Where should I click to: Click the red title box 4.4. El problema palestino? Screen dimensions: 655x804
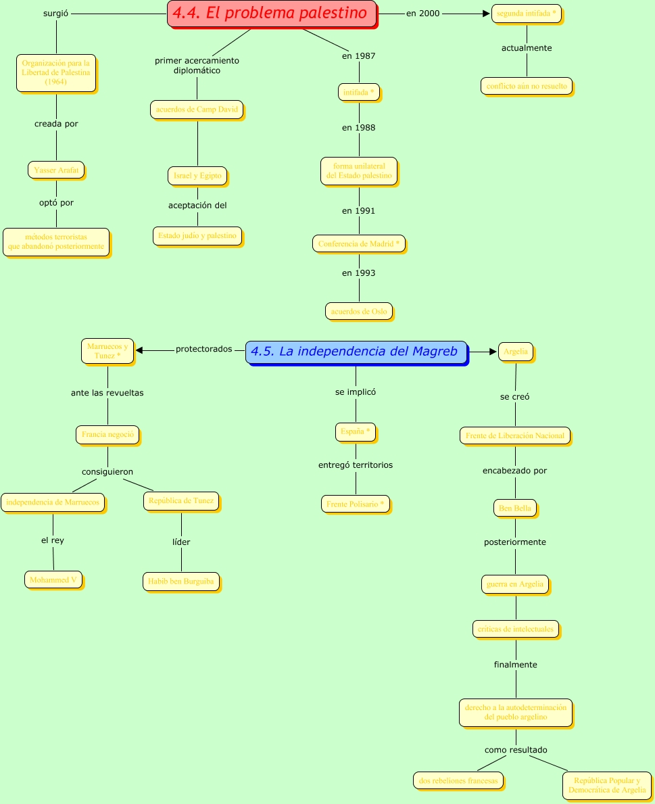[x=272, y=14]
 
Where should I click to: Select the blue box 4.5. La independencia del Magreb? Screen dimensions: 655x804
[x=356, y=352]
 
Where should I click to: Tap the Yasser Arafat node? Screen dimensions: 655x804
[x=56, y=170]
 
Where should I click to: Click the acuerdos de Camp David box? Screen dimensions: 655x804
[x=197, y=110]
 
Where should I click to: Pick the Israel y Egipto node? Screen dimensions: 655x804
[x=197, y=176]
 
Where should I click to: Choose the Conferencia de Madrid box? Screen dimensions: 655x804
[x=359, y=244]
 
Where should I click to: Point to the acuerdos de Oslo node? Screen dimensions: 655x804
[x=358, y=311]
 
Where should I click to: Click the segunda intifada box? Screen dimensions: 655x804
[x=527, y=14]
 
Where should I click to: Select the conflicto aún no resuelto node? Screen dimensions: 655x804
[x=527, y=86]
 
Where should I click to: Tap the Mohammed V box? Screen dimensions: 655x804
[x=53, y=580]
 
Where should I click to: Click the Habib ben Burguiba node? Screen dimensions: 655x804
[x=181, y=582]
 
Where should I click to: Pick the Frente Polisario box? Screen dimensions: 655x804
[x=356, y=504]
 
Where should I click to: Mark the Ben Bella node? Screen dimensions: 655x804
[x=515, y=508]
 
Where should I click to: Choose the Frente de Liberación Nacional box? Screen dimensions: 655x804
[x=515, y=435]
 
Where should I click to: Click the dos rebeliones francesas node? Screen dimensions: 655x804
[x=458, y=780]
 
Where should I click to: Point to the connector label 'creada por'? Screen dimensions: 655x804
[x=56, y=124]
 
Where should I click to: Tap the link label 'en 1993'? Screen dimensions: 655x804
[x=358, y=273]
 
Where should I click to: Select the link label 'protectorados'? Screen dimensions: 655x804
[x=203, y=350]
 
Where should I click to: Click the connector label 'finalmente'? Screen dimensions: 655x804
[x=516, y=665]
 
